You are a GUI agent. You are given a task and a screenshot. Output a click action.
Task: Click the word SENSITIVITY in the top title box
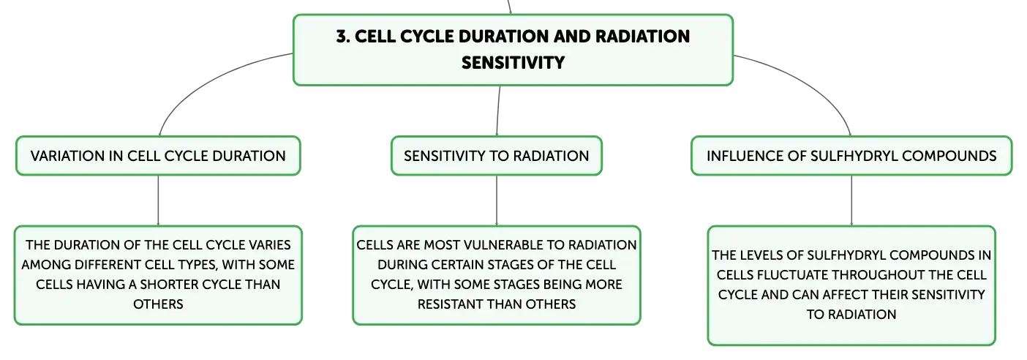click(x=513, y=63)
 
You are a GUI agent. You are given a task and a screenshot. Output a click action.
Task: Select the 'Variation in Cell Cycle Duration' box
click(x=158, y=155)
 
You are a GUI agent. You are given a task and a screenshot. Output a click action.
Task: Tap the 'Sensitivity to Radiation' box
click(x=497, y=155)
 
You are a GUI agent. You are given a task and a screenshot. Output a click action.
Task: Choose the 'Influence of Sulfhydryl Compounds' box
click(x=851, y=155)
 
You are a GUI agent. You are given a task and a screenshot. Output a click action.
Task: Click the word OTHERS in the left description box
click(x=158, y=304)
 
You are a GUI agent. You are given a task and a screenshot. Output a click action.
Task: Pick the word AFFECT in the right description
click(x=841, y=294)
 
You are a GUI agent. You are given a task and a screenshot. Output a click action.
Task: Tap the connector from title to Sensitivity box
click(x=498, y=110)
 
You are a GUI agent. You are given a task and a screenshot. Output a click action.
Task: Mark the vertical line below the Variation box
click(x=158, y=200)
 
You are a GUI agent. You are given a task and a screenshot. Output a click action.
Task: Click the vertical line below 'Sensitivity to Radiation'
click(x=497, y=200)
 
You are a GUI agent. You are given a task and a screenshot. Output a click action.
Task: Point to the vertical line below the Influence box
click(x=851, y=200)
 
